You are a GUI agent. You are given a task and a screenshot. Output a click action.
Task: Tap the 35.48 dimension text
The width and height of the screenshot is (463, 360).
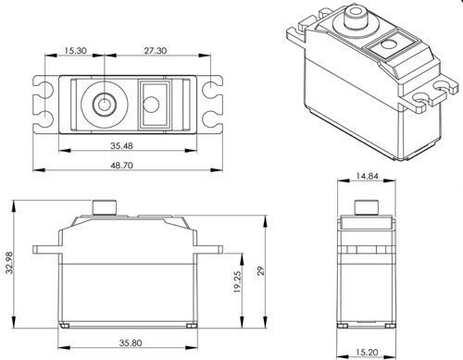point(119,144)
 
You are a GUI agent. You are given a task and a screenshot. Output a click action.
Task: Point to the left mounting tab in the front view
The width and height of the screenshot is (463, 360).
point(45,250)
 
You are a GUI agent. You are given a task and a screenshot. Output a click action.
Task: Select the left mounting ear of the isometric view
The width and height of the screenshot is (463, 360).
point(298,34)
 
